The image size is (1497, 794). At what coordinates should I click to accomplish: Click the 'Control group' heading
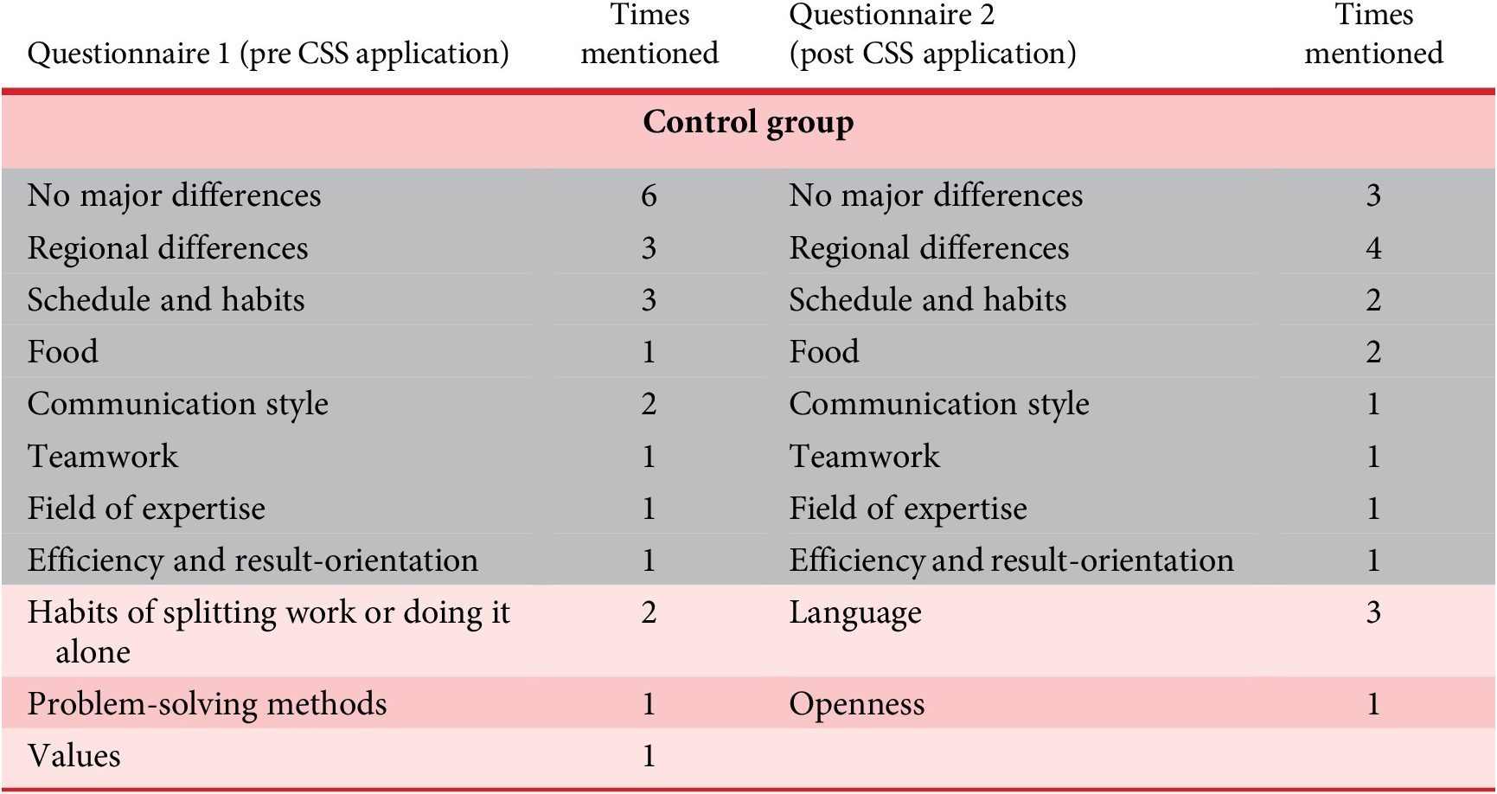tap(748, 123)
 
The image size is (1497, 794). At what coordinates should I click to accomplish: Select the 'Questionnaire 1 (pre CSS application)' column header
tap(268, 54)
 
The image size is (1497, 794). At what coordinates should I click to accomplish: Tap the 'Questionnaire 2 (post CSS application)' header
tap(932, 34)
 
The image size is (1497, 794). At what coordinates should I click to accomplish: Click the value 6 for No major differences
tap(649, 195)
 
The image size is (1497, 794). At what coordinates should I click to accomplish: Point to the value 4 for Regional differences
tap(1373, 248)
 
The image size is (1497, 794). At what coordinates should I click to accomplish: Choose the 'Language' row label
tap(855, 613)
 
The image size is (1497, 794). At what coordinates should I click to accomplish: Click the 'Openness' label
tap(857, 704)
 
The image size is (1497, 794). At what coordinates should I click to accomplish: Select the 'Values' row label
tap(74, 756)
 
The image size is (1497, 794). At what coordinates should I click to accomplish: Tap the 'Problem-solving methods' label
tap(208, 704)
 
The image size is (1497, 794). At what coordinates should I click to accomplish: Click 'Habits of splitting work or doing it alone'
tap(269, 631)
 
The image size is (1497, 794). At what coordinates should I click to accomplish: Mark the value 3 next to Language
tap(1373, 613)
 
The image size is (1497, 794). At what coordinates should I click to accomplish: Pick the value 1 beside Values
tap(649, 757)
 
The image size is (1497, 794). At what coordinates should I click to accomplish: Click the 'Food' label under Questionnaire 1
tap(63, 352)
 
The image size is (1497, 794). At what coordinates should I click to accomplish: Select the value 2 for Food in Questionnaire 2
tap(1373, 352)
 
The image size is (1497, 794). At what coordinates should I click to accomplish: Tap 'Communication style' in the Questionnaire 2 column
tap(939, 404)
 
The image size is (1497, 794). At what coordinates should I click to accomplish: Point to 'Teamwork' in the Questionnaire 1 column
tap(103, 456)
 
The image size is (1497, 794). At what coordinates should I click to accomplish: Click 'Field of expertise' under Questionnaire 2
tap(908, 509)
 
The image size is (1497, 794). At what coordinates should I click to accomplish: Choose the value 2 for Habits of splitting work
tap(649, 613)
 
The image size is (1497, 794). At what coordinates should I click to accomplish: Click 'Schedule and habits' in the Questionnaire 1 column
tap(166, 300)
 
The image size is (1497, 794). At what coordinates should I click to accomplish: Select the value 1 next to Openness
tap(1373, 704)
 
